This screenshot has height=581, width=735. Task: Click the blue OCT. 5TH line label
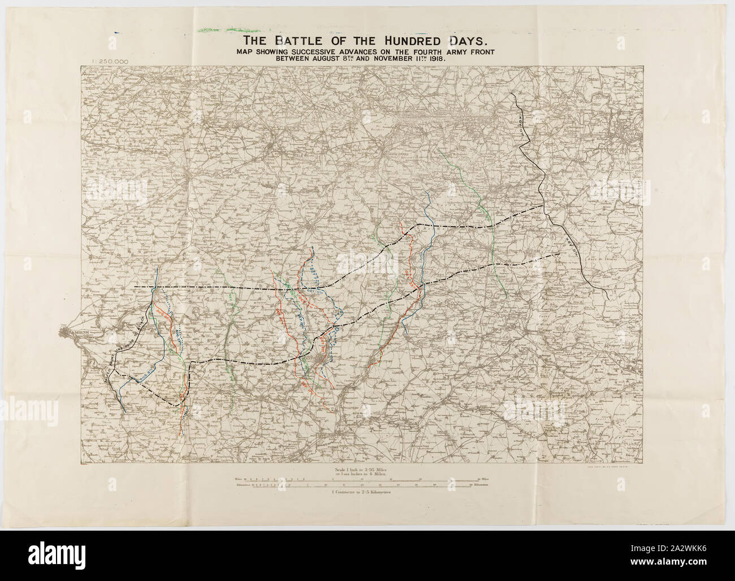pos(312,291)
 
